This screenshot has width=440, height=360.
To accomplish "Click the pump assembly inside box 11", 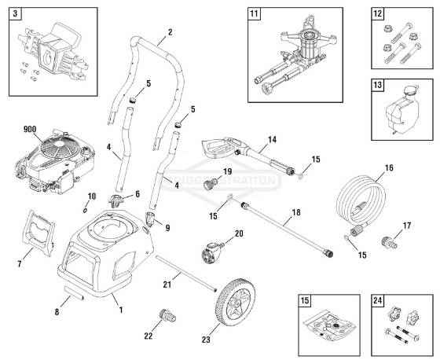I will (300, 55).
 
